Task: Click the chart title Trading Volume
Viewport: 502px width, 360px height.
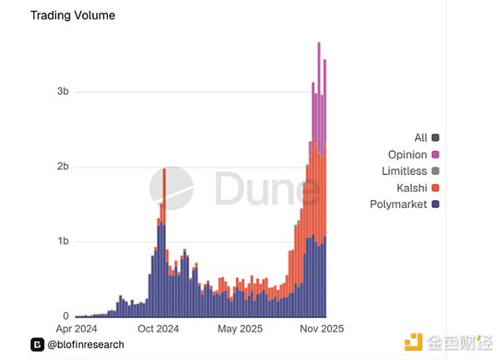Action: pyautogui.click(x=73, y=15)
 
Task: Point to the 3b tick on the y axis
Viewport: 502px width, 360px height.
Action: pyautogui.click(x=62, y=91)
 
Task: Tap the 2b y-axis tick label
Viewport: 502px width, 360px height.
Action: pyautogui.click(x=62, y=167)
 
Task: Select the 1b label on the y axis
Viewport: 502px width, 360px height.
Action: pyautogui.click(x=62, y=242)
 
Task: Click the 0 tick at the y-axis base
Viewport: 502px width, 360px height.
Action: pyautogui.click(x=65, y=316)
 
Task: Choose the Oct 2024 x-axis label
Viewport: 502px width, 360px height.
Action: pyautogui.click(x=157, y=329)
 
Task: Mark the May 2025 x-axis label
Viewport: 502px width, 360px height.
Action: pyautogui.click(x=239, y=329)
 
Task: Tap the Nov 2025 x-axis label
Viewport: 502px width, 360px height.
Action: pyautogui.click(x=321, y=329)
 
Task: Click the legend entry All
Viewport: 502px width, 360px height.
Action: pyautogui.click(x=421, y=137)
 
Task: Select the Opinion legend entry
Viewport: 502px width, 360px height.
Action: pyautogui.click(x=407, y=154)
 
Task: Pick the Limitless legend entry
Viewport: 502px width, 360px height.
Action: pyautogui.click(x=404, y=171)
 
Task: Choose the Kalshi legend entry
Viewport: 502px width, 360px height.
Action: pyautogui.click(x=411, y=188)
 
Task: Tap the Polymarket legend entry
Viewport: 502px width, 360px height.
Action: pyautogui.click(x=398, y=204)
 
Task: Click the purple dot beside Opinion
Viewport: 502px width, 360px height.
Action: pyautogui.click(x=436, y=154)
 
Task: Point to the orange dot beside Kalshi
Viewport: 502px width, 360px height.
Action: pyautogui.click(x=436, y=188)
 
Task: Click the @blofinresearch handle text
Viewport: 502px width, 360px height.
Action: pyautogui.click(x=85, y=344)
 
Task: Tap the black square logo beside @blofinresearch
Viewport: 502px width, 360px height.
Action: pyautogui.click(x=37, y=344)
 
